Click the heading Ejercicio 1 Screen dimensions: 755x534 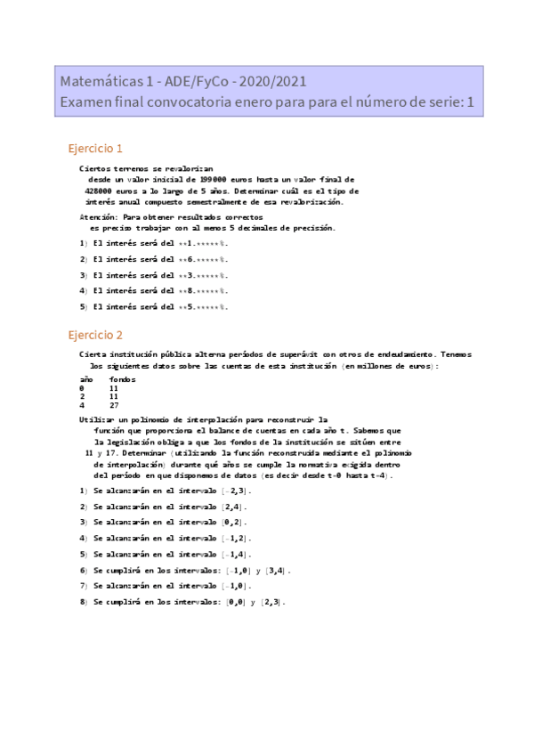95,148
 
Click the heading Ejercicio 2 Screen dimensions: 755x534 95,335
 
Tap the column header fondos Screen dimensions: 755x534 122,379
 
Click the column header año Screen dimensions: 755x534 86,379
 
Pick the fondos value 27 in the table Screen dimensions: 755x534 114,405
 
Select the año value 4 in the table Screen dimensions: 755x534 82,405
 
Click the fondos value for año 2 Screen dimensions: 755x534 114,397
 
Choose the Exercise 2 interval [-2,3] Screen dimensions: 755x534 236,491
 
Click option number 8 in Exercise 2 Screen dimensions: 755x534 83,602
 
